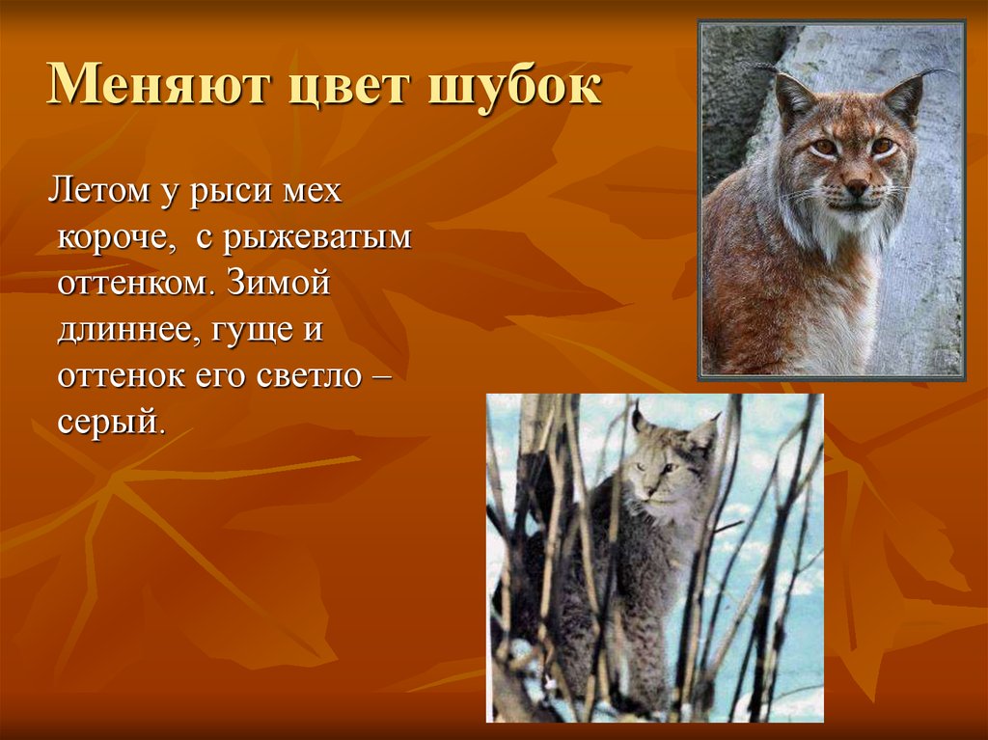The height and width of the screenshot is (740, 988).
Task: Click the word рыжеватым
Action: [x=317, y=237]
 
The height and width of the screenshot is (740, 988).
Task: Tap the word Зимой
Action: [x=281, y=283]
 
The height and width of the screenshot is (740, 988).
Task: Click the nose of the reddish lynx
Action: [x=856, y=186]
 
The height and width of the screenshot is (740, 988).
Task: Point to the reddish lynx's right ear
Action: [x=905, y=97]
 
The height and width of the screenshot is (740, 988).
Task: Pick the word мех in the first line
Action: [x=312, y=191]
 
